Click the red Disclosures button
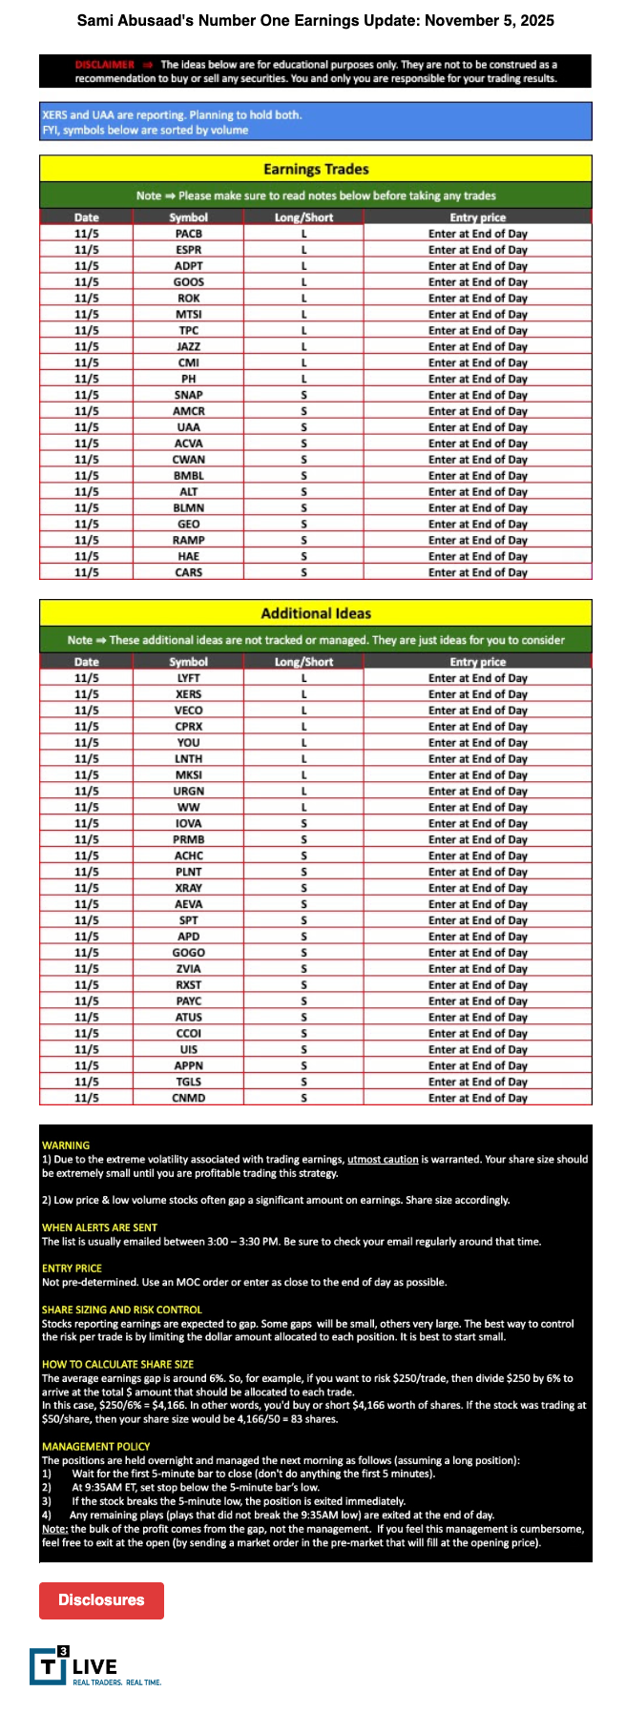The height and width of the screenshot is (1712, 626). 101,1600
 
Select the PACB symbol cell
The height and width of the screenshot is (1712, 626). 189,234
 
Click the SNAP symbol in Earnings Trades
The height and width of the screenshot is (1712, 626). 189,395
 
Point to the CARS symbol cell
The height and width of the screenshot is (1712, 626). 189,572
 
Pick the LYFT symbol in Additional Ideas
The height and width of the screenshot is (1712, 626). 189,678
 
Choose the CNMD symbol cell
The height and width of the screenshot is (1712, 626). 189,1098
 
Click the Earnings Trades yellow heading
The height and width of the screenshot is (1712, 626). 316,169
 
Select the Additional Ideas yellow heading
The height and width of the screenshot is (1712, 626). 316,613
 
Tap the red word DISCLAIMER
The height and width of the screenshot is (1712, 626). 105,65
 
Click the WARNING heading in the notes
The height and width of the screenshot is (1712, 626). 66,1145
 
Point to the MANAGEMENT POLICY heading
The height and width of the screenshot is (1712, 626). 95,1447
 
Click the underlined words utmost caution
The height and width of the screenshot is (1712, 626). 383,1159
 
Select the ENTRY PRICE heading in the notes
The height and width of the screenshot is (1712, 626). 72,1269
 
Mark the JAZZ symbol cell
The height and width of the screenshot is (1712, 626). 189,346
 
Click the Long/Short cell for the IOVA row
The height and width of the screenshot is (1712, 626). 303,823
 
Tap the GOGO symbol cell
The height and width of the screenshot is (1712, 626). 189,953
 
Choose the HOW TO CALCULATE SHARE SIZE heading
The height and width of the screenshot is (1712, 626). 117,1364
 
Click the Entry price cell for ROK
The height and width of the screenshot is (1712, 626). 477,298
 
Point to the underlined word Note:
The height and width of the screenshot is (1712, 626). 54,1529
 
